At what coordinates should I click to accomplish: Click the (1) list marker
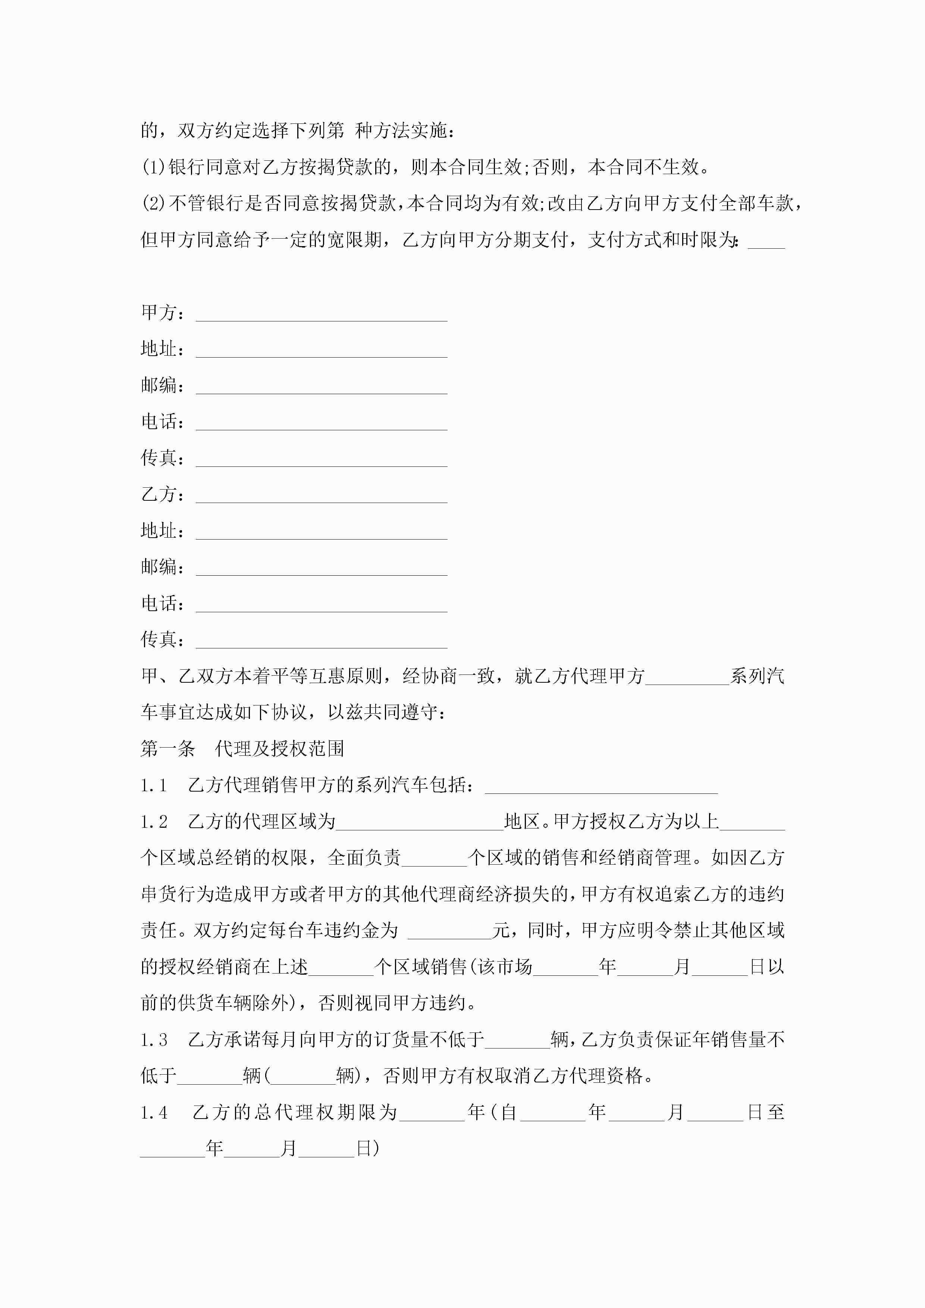(153, 167)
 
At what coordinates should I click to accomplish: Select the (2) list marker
(153, 203)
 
